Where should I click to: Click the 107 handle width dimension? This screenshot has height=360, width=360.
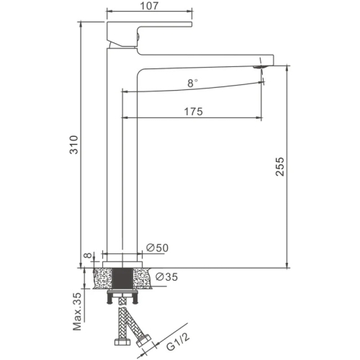point(149,6)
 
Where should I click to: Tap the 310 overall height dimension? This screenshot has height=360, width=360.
point(74,145)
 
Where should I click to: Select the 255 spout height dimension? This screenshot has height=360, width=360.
point(279,167)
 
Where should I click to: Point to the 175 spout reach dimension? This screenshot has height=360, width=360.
point(193,112)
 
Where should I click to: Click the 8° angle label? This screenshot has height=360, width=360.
point(192,84)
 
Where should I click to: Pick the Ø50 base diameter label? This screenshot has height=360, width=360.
point(157,248)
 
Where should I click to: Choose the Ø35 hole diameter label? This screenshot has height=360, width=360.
point(166,277)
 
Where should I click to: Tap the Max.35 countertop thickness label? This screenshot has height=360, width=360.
point(77,312)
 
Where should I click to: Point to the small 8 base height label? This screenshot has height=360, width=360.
point(89,255)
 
